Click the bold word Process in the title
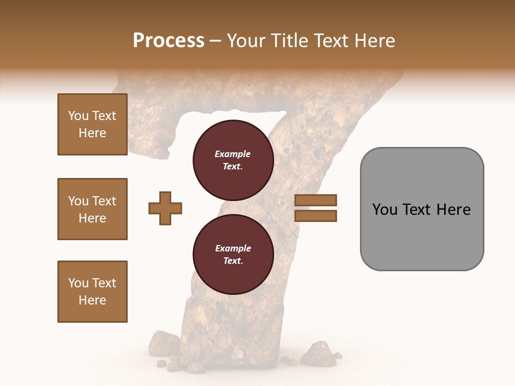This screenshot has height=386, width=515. [x=168, y=41]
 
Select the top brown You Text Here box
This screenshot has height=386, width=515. [x=92, y=124]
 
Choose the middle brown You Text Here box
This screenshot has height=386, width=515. [x=92, y=209]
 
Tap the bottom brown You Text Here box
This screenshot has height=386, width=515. [x=92, y=292]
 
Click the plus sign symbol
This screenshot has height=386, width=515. [x=165, y=208]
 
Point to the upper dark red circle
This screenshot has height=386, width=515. [x=233, y=160]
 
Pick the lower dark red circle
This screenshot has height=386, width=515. [x=233, y=255]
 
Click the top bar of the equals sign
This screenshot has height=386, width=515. [x=315, y=201]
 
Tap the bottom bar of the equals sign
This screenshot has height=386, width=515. [x=315, y=216]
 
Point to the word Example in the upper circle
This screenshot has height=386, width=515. [x=233, y=154]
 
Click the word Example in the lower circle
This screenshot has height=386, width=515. [x=233, y=249]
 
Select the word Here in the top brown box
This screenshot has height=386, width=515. [x=92, y=133]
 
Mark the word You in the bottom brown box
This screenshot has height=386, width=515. [x=78, y=283]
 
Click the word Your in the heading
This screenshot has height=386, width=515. [x=245, y=41]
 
